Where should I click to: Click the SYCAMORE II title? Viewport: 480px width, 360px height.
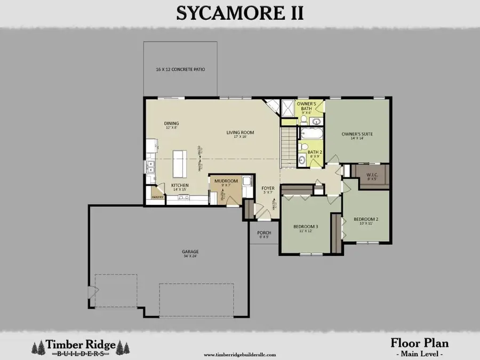click(x=239, y=13)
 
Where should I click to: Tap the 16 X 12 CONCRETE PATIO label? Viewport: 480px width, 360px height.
click(x=180, y=69)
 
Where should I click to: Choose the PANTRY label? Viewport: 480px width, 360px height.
click(x=157, y=197)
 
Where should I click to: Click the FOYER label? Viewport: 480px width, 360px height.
click(x=267, y=188)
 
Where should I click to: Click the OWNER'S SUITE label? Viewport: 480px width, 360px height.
click(x=357, y=134)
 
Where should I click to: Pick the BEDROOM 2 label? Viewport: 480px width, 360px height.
click(x=365, y=219)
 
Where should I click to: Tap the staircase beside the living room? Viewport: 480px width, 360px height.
click(x=288, y=147)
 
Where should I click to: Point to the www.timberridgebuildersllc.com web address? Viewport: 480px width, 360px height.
click(x=240, y=354)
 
